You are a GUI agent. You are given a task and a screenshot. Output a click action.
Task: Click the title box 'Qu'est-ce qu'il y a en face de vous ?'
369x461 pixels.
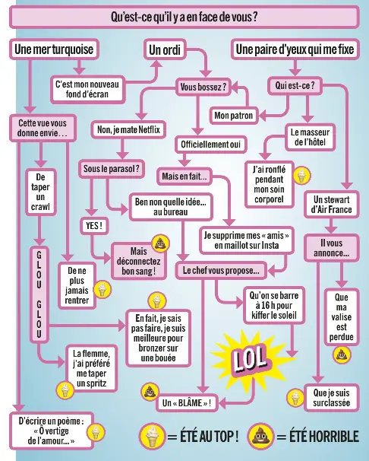(184, 17)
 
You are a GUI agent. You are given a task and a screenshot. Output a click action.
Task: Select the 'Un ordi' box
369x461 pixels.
(165, 49)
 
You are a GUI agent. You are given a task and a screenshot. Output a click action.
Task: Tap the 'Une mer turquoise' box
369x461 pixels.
(54, 49)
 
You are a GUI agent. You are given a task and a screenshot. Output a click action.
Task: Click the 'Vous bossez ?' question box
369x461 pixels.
(203, 87)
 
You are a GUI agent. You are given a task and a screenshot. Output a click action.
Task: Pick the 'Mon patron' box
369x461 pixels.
(234, 116)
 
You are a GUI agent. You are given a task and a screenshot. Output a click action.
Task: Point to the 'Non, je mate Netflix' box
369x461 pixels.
(128, 129)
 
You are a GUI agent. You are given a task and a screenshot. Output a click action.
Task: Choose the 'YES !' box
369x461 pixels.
(94, 226)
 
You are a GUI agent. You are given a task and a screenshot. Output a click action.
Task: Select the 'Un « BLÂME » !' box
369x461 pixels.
(187, 402)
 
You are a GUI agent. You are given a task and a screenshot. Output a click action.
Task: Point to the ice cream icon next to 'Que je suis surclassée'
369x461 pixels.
(295, 397)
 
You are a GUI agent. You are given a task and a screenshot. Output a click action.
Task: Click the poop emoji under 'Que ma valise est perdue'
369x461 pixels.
(342, 354)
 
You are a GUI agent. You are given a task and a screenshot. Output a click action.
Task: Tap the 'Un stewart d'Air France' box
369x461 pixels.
(332, 205)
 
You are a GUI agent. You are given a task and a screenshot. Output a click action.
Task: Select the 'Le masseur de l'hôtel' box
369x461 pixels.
(310, 137)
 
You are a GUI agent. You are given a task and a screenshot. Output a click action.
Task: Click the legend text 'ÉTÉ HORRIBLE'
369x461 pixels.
(324, 436)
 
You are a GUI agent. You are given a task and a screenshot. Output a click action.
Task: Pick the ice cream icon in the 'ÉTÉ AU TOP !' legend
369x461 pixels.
(153, 435)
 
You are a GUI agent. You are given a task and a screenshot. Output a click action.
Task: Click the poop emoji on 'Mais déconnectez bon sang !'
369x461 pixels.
(160, 243)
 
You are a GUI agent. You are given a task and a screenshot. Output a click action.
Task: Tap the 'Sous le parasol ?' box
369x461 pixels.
(112, 169)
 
